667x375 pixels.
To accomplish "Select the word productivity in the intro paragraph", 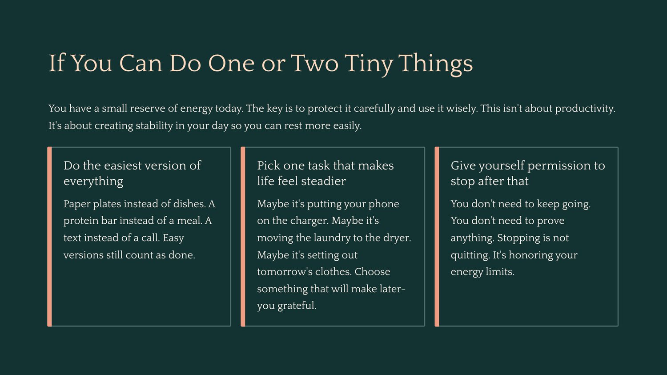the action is (x=585, y=109).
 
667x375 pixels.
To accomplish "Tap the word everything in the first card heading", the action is (x=93, y=181).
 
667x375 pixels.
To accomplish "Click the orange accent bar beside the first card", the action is (x=49, y=237).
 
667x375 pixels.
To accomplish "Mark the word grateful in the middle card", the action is (x=297, y=306).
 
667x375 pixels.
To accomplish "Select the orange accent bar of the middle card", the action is (x=243, y=237).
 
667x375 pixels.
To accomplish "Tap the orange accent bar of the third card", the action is (x=437, y=237).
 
